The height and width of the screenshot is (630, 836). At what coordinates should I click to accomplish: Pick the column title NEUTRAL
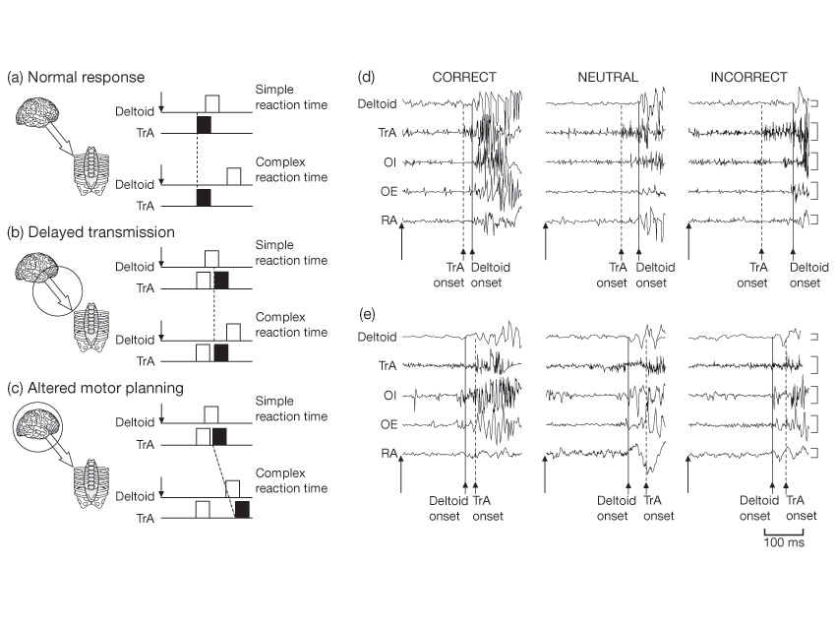click(608, 76)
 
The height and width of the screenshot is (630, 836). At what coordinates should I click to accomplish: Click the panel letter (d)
click(366, 76)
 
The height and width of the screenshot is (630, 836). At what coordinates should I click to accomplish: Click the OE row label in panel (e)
click(387, 423)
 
